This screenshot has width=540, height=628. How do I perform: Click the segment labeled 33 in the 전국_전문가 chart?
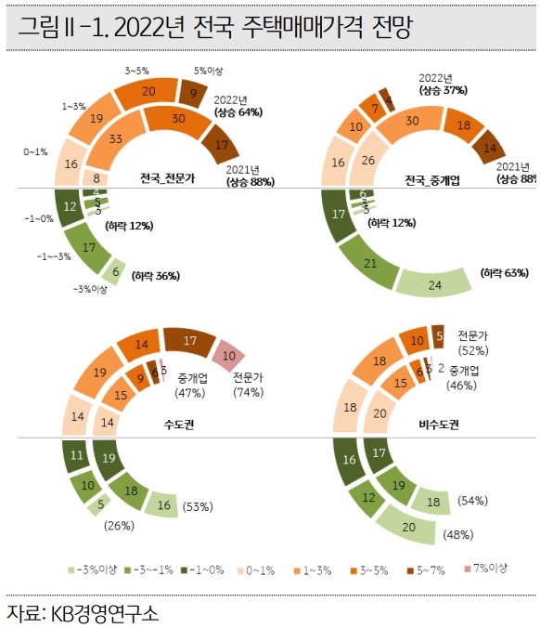pyautogui.click(x=116, y=138)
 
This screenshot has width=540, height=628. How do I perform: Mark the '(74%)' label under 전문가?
pyautogui.click(x=250, y=393)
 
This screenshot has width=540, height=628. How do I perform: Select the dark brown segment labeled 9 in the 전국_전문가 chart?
pyautogui.click(x=194, y=93)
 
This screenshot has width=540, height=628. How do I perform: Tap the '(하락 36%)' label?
pyautogui.click(x=155, y=275)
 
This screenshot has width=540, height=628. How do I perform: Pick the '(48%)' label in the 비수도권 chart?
pyautogui.click(x=457, y=534)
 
